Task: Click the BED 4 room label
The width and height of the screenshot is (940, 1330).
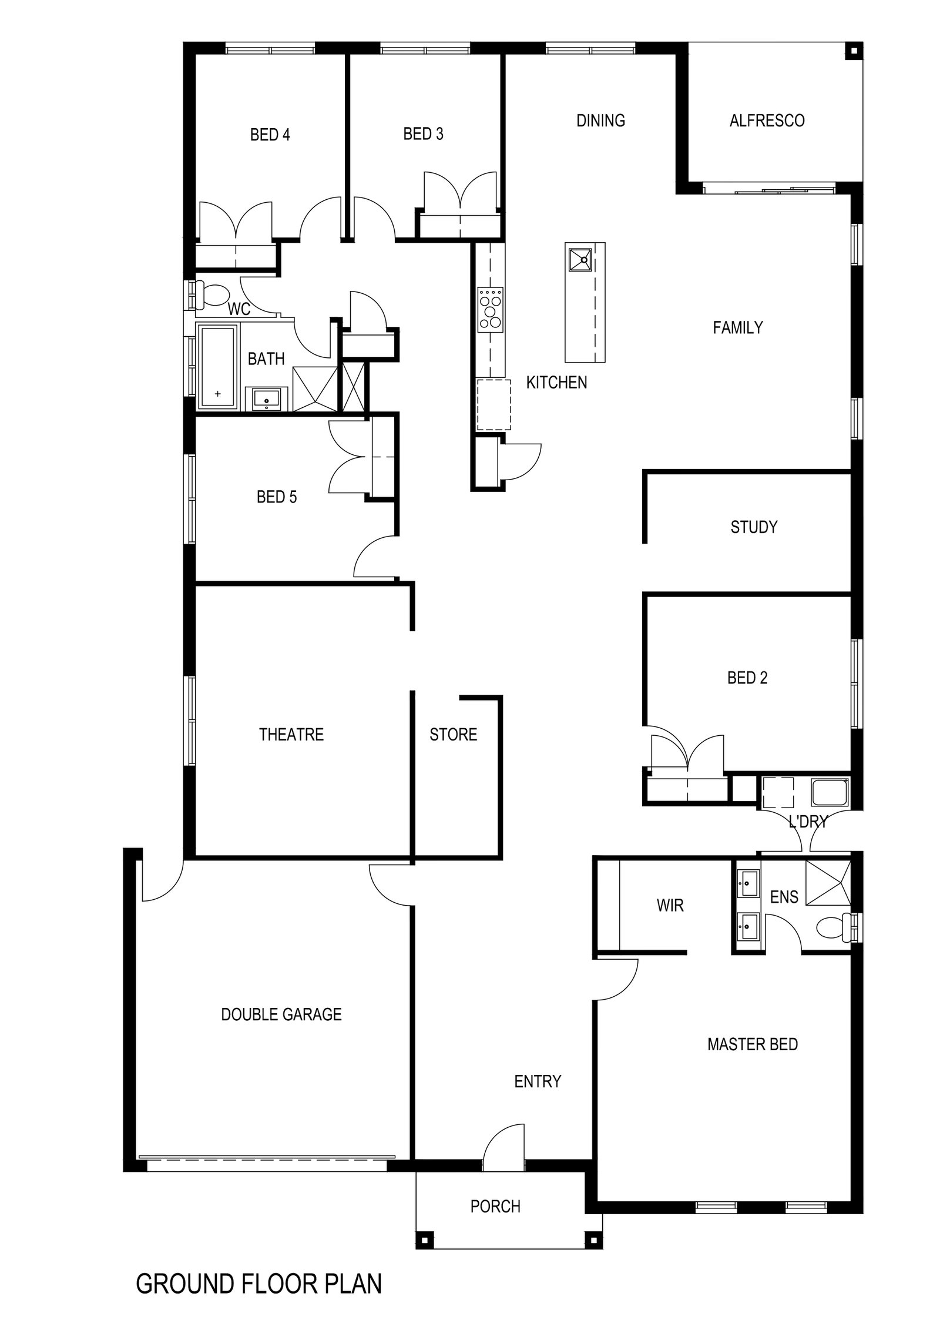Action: point(270,135)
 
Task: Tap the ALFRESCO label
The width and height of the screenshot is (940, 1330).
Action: point(767,121)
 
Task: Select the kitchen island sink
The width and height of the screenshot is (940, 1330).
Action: point(580,260)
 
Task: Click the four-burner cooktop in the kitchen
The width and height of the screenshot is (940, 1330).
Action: point(491,309)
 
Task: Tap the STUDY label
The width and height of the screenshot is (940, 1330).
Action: point(754,527)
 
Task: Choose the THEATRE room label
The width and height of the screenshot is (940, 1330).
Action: point(291,735)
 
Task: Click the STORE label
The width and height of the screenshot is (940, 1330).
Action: point(453,735)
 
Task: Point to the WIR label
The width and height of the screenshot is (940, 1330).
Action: point(670,906)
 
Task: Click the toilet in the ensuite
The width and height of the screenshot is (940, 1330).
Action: point(833,927)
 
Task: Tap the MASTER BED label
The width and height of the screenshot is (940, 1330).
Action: point(753,1044)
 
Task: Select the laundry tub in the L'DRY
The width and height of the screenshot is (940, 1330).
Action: point(830,793)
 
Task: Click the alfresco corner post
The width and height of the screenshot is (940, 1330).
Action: point(853,52)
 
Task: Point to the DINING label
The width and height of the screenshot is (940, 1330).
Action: point(600,121)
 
